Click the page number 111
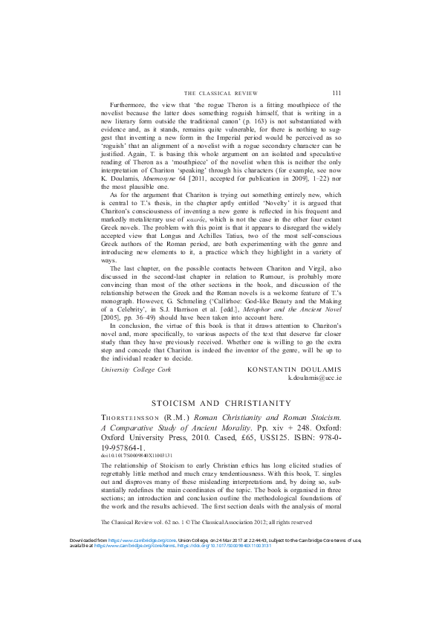(337, 93)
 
